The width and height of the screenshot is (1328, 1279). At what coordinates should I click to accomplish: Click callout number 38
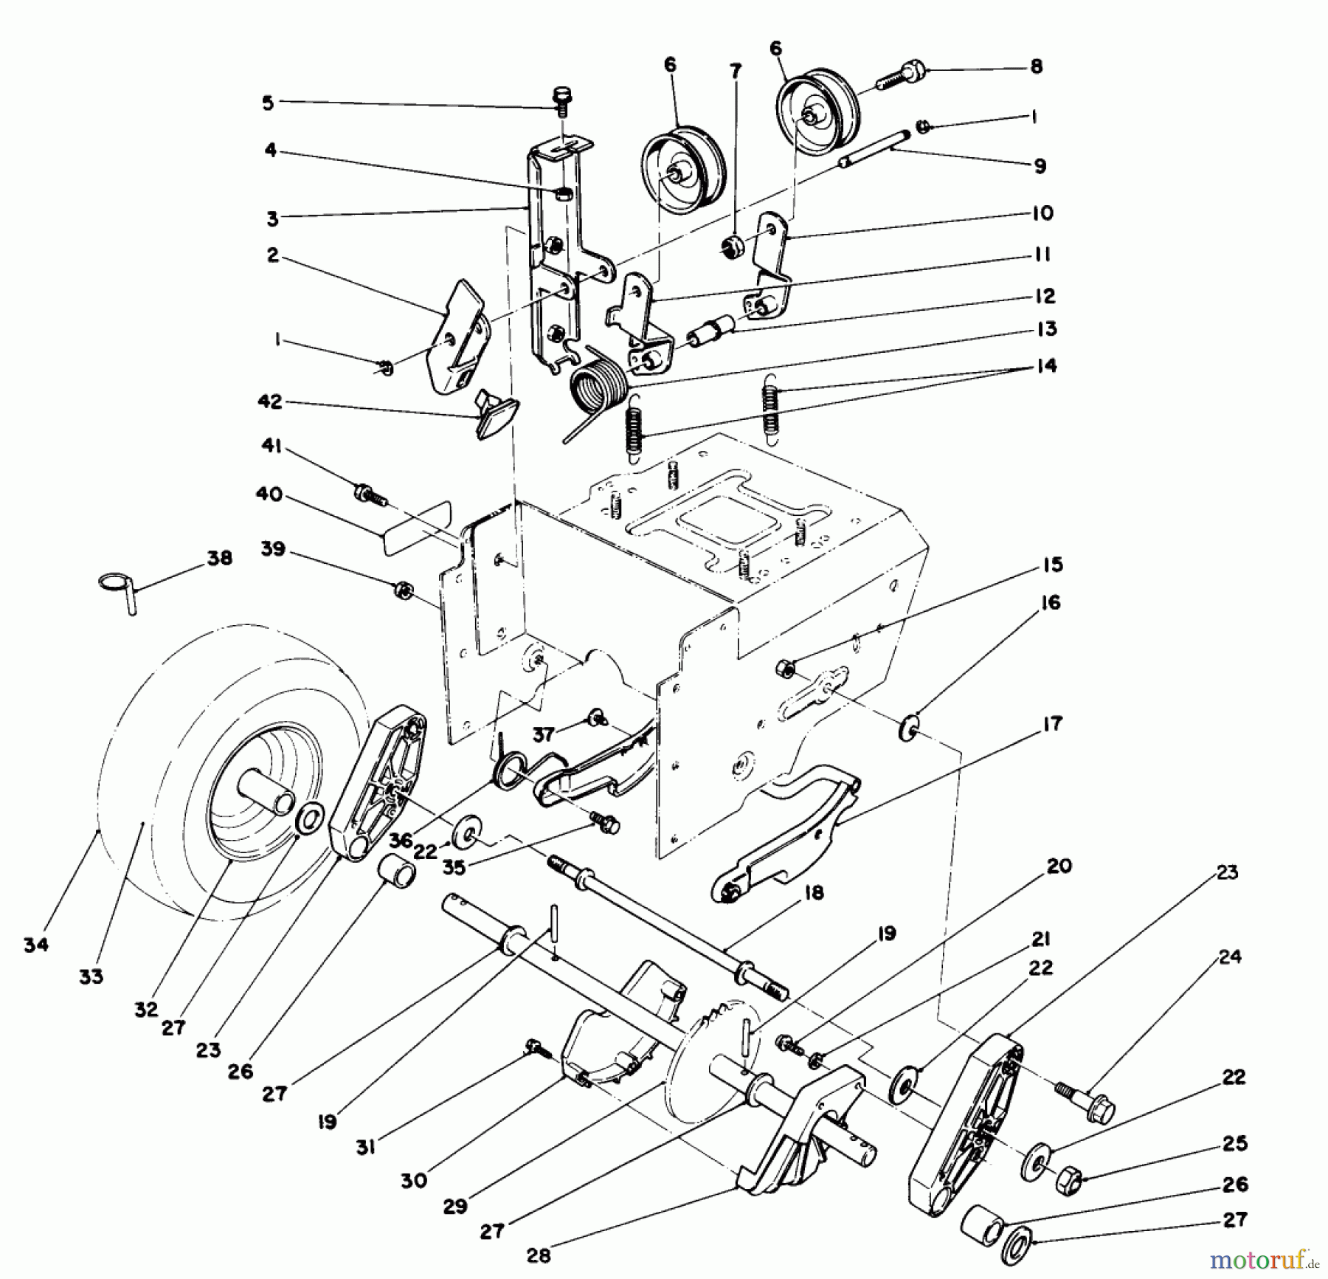coord(220,558)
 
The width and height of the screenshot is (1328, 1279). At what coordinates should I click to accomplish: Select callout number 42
coord(270,402)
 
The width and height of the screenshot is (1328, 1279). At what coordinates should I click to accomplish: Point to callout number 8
coord(1036,66)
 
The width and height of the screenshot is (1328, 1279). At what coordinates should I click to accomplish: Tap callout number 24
coord(1230,956)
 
